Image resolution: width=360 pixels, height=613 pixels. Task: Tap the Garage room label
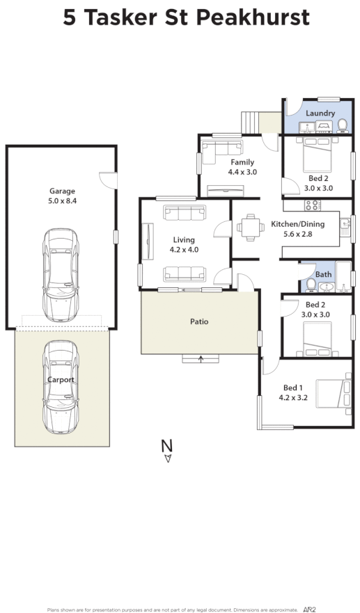point(61,191)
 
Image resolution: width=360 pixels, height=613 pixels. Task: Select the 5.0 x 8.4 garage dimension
point(61,202)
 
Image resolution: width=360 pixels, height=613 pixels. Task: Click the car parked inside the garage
point(61,273)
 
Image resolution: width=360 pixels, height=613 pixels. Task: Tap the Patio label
point(199,321)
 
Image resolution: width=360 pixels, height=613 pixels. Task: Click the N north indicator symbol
point(166,445)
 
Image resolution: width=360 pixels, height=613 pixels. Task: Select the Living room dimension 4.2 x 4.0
point(185,250)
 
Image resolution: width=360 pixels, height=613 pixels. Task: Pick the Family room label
point(242,162)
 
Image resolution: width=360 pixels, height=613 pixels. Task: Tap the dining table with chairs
point(249,225)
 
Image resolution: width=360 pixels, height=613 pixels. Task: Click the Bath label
point(324,274)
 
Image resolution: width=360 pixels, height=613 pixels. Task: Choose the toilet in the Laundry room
point(342,126)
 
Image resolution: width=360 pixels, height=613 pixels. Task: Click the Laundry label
point(320,113)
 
